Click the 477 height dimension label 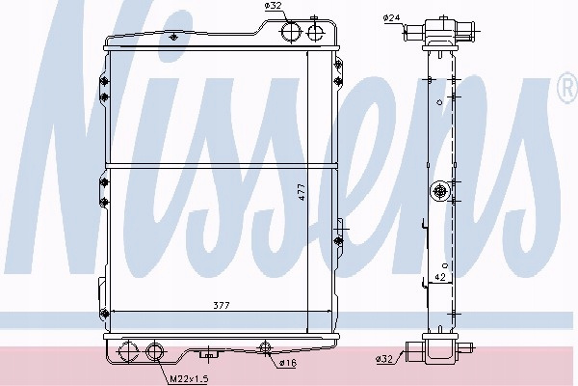click(x=302, y=192)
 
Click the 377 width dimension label click(x=222, y=306)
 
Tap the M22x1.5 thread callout click(x=189, y=378)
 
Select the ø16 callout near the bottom click(x=288, y=363)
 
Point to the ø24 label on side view click(x=391, y=17)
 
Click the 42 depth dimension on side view click(x=440, y=277)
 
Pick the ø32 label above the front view click(x=273, y=6)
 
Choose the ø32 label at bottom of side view click(x=384, y=358)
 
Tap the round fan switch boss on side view click(x=440, y=191)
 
